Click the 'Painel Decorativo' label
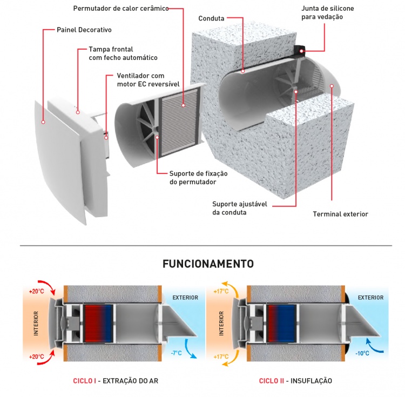coord(84,29)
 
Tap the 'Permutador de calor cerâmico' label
coord(120,9)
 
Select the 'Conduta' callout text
coord(212,18)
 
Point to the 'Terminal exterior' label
coord(340,214)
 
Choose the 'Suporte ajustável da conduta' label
coord(238,208)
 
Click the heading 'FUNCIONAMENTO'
coord(208,264)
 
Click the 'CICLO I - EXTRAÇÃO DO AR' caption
coord(116,381)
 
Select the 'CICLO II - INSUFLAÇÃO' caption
coord(295,381)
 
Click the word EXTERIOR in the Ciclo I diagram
coord(185,297)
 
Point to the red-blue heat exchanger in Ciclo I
coord(97,322)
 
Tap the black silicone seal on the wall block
coord(299,50)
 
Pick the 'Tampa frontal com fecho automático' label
coord(123,53)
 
